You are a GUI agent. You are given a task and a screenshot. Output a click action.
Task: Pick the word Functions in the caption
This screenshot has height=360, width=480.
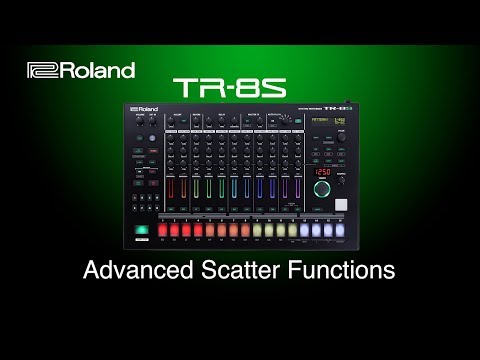(x=344, y=270)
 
